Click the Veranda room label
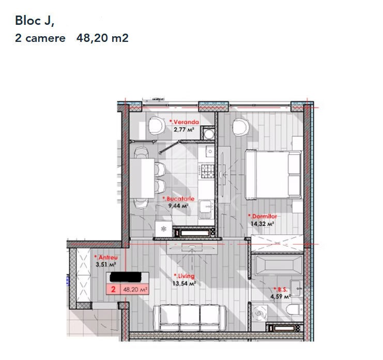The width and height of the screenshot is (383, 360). pos(184,122)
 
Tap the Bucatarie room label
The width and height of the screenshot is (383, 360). pos(178,199)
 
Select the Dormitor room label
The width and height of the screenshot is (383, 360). pos(263,216)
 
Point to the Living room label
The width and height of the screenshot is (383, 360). pos(184,276)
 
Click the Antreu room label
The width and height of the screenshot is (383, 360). pos(106,258)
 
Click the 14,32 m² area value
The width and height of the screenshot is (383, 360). pos(262,223)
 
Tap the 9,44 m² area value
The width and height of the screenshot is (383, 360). pos(178,206)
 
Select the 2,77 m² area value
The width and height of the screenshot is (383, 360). pos(184,129)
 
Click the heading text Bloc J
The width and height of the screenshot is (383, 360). pos(35,21)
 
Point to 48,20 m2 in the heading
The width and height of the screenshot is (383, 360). pos(102,38)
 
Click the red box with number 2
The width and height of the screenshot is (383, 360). pos(113,289)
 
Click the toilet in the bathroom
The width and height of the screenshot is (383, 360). pos(295,310)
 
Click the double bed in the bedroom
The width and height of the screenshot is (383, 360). pos(273,174)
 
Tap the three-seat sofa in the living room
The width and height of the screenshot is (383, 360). pos(190,318)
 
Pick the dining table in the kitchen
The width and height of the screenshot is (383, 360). pos(142,178)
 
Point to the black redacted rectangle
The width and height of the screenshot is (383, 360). pos(126,277)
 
